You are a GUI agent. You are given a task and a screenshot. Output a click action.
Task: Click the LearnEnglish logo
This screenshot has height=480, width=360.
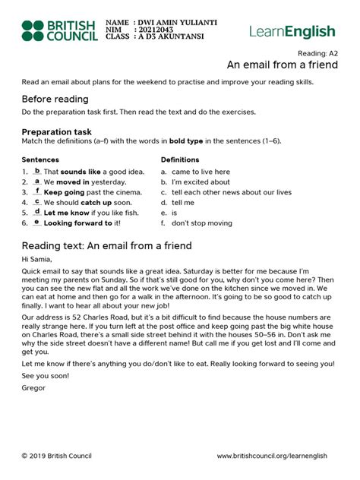pyautogui.click(x=292, y=31)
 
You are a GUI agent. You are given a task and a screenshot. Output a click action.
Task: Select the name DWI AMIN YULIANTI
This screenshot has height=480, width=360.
pyautogui.click(x=176, y=23)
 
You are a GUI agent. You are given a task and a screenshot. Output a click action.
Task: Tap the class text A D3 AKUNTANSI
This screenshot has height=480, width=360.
pyautogui.click(x=168, y=36)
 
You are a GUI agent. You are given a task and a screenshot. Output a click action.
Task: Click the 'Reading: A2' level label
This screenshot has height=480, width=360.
pyautogui.click(x=317, y=53)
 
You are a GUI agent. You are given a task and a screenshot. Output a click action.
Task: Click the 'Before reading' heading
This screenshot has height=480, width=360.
pyautogui.click(x=55, y=99)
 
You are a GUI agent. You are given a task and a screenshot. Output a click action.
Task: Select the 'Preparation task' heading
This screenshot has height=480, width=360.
pyautogui.click(x=61, y=131)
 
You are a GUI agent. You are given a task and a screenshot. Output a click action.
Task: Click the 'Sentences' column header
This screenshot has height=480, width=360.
pyautogui.click(x=40, y=159)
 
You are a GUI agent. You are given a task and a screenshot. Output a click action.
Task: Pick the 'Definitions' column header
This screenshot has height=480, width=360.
pyautogui.click(x=180, y=159)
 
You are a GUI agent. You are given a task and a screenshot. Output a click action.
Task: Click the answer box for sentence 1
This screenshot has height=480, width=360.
pyautogui.click(x=37, y=172)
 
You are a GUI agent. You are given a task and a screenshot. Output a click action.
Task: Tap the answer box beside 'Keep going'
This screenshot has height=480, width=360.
pyautogui.click(x=37, y=192)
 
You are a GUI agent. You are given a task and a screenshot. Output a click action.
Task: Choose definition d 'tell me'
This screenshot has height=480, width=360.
pyautogui.click(x=178, y=203)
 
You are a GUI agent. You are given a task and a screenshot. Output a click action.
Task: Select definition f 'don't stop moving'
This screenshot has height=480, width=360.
pyautogui.click(x=201, y=223)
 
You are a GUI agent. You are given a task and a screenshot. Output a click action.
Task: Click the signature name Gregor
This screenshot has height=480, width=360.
pyautogui.click(x=34, y=388)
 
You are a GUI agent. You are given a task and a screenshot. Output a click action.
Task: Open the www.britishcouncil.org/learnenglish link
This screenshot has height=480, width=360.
pyautogui.click(x=272, y=456)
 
